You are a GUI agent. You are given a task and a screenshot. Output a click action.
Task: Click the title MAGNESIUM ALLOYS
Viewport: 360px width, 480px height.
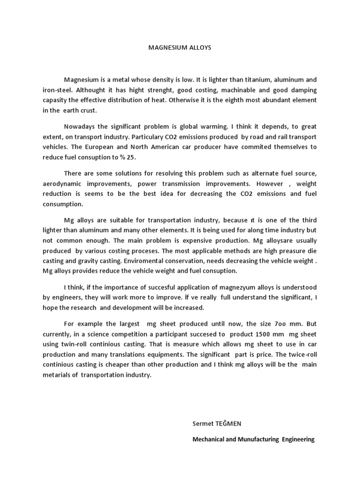coord(180,48)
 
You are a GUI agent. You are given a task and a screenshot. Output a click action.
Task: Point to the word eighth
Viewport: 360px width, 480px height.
coord(228,100)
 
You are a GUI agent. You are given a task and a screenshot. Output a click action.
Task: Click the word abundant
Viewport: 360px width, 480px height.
coord(275,100)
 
